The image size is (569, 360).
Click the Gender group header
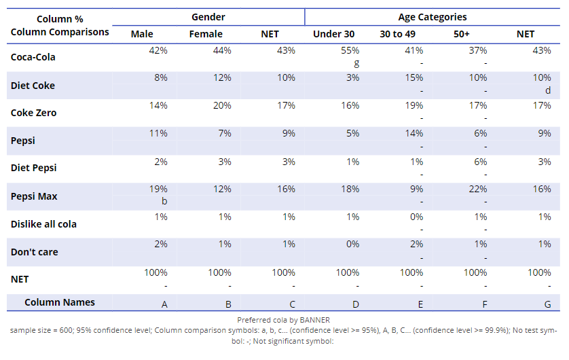(208, 17)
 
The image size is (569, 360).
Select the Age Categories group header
(432, 17)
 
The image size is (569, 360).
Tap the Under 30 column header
(333, 34)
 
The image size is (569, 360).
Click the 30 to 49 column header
(397, 34)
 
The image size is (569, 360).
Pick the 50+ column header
(462, 34)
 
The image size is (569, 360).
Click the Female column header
(206, 34)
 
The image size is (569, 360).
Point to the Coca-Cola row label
(33, 57)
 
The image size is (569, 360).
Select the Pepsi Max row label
(34, 196)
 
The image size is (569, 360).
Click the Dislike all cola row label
(43, 224)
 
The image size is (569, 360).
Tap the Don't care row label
(35, 252)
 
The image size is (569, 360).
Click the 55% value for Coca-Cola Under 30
(350, 50)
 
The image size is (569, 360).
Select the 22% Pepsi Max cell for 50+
(478, 190)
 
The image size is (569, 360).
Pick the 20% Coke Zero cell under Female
(222, 105)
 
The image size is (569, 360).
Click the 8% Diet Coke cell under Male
(161, 78)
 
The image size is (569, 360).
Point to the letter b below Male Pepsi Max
(164, 202)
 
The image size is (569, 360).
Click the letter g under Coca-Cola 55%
(356, 62)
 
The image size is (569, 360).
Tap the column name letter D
(356, 305)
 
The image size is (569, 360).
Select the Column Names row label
(60, 302)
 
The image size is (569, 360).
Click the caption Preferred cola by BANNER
(283, 319)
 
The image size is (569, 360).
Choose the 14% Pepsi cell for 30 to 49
(414, 134)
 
